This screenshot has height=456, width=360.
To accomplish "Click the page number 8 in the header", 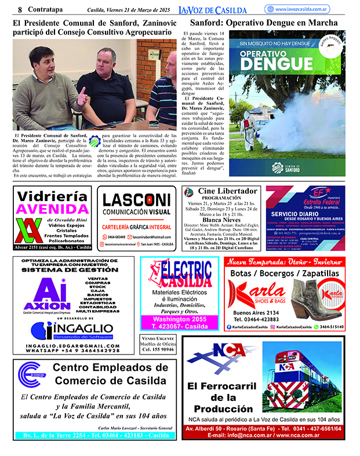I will pyautogui.click(x=20, y=9).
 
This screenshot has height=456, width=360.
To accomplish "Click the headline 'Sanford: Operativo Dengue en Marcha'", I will pyautogui.click(x=264, y=23).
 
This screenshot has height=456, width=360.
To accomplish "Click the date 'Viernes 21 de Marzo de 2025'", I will pyautogui.click(x=130, y=10).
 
